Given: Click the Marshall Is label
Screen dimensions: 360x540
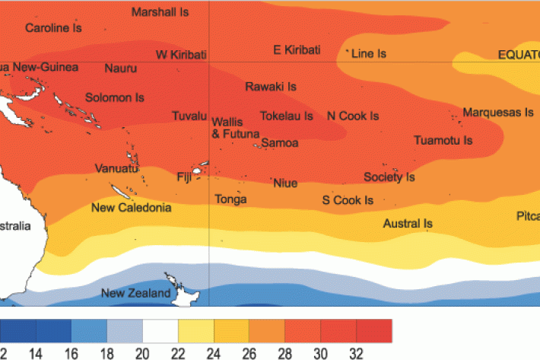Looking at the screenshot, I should pos(160,12).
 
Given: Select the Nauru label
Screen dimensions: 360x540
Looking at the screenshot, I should pos(121,68).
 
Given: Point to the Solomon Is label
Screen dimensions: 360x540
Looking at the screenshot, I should pos(114,97).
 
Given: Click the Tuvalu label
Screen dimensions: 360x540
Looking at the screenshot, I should pos(189,116).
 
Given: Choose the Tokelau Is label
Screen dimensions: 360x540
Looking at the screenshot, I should pos(287,116).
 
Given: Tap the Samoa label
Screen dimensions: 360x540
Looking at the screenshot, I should pos(280,143).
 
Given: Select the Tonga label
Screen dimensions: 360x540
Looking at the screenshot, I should pos(231,199).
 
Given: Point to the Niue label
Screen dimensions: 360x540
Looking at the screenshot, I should pos(285,183).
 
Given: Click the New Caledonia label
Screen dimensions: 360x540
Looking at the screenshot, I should pos(131,208).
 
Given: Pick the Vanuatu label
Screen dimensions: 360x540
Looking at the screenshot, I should pos(116,168).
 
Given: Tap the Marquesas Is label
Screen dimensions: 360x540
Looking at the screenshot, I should pos(498,112).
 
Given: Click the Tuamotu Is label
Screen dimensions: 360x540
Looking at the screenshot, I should pos(443,141).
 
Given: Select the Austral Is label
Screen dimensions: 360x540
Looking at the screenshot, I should pos(408,224).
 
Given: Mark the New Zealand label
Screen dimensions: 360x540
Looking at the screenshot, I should pos(136,294).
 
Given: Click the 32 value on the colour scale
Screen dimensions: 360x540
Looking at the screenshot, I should pos(356,353).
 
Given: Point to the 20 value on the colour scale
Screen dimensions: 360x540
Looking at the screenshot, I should pos(142,353).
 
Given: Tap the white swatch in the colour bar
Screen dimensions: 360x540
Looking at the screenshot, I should pos(160,331).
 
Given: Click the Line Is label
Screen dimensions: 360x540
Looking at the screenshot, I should pos(370,54).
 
